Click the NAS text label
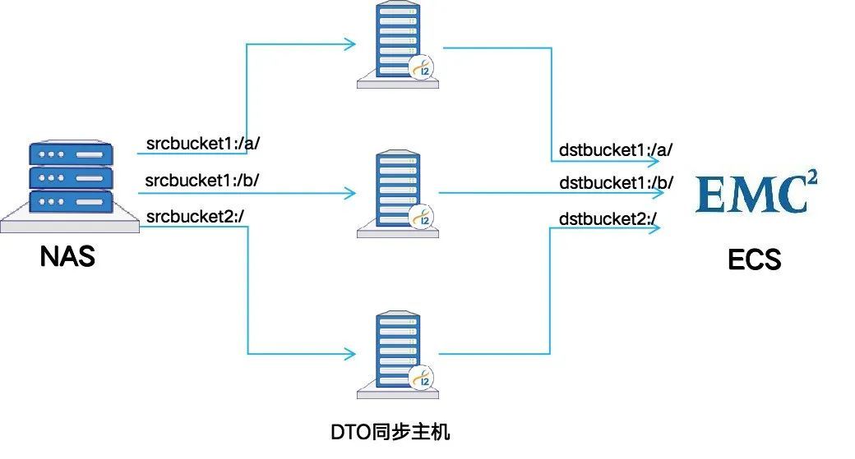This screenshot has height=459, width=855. (67, 256)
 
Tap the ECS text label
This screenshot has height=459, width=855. (754, 259)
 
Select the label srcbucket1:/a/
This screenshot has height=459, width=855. (203, 144)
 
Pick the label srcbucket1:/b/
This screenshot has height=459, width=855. (202, 180)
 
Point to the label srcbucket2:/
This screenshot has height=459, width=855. (195, 216)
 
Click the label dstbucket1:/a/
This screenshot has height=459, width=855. (616, 150)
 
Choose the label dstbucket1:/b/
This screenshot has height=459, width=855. (616, 183)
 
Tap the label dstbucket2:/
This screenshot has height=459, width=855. (608, 219)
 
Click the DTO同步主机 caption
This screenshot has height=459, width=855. (391, 431)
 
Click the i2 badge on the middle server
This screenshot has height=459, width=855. (423, 218)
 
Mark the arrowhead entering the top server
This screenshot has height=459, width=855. (351, 44)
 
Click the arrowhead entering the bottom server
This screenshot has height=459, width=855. (351, 354)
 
